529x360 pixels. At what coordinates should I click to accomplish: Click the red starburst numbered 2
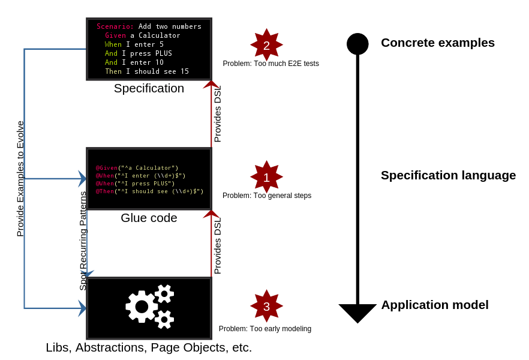pos(266,45)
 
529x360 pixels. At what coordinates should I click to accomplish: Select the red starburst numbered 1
pos(266,177)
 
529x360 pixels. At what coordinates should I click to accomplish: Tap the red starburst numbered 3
pos(266,306)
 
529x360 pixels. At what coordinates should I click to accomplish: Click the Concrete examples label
pos(437,43)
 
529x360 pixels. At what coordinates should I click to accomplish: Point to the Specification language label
pos(448,175)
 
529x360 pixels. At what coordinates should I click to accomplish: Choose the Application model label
pos(435,305)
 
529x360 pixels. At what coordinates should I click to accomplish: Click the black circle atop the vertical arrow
pos(357,44)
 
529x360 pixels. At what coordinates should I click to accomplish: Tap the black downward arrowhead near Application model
pos(357,313)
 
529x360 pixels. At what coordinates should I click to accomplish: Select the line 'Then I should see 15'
pos(146,71)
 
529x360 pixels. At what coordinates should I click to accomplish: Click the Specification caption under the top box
pos(149,88)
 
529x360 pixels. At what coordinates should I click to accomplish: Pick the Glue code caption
pos(149,218)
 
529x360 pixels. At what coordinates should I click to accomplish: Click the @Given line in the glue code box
pos(137,168)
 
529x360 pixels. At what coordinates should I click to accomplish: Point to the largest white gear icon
pos(142,307)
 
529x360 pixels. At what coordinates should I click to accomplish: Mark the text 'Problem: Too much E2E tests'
pos(270,64)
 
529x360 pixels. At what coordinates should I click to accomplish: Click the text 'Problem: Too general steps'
pos(266,196)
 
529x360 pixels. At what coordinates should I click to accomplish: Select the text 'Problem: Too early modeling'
pos(264,329)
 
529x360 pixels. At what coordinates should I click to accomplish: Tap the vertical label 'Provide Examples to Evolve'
pos(20,178)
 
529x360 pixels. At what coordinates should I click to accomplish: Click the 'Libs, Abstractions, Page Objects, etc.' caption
pos(149,347)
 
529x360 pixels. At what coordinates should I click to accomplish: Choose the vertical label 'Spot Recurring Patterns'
pos(83,240)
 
